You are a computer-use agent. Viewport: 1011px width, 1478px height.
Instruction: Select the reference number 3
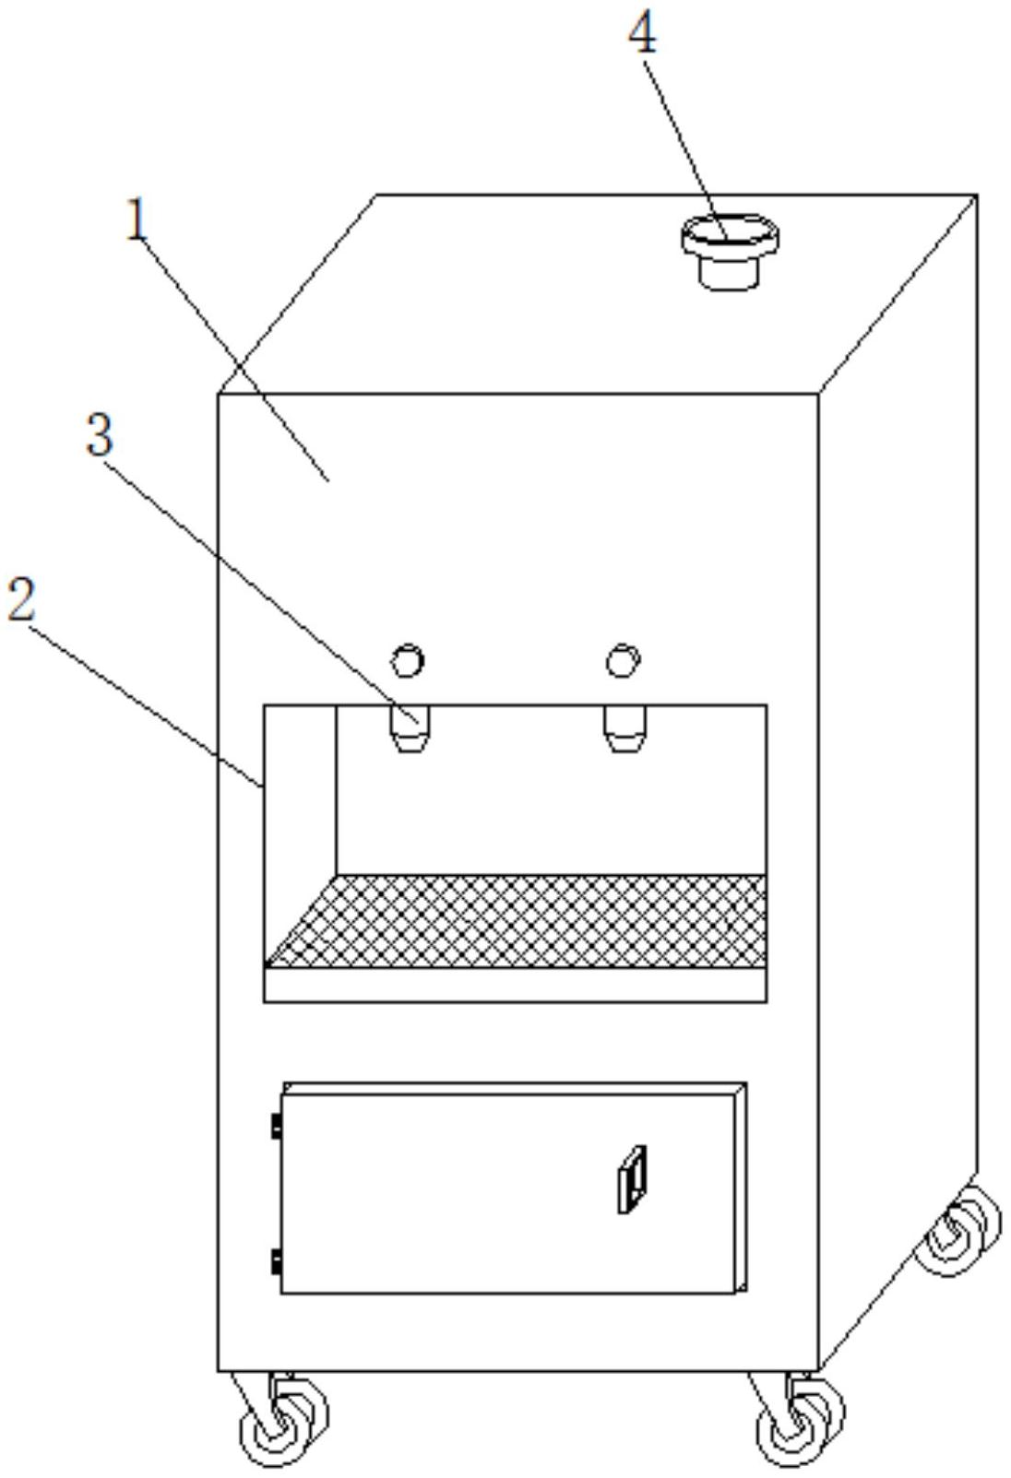tap(100, 433)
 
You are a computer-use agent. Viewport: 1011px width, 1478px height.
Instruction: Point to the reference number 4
tap(643, 34)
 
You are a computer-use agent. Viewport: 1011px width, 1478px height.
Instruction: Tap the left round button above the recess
tap(408, 660)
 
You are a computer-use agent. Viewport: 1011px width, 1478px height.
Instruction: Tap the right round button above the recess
tap(624, 660)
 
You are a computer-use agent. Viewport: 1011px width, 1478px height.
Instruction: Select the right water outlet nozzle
tap(624, 727)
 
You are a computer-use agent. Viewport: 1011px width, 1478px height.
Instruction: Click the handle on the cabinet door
tap(632, 1179)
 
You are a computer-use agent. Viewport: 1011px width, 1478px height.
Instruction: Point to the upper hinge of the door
tap(276, 1126)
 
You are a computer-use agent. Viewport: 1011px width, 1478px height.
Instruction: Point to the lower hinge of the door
tap(276, 1261)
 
